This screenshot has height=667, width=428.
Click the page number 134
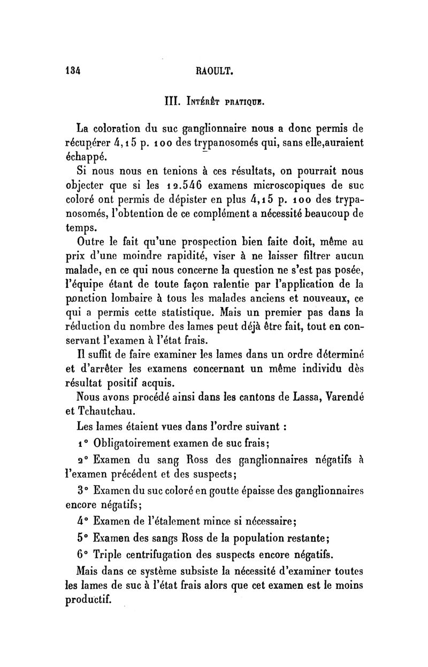point(72,69)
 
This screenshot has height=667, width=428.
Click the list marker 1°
point(82,444)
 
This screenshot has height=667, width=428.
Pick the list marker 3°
point(82,490)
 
